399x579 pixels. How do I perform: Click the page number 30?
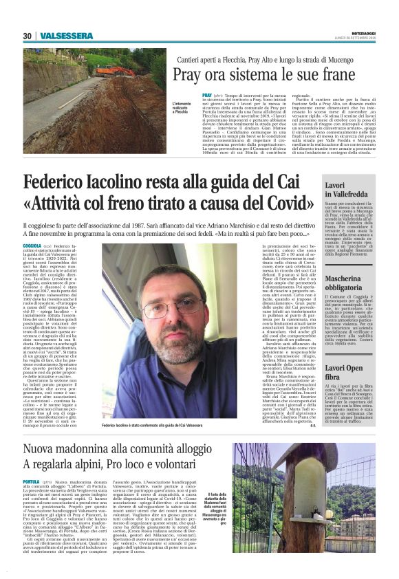click(28, 36)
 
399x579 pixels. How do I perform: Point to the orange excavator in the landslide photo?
click(105, 71)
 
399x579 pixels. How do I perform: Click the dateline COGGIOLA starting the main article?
click(32, 245)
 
